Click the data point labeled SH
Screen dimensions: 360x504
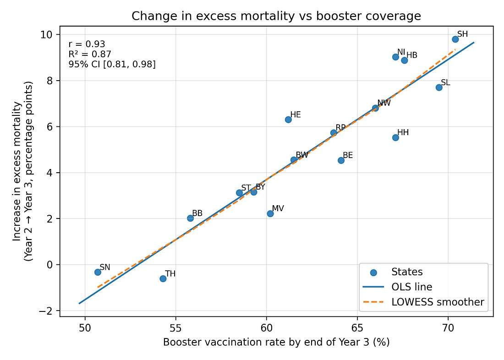[x=455, y=39]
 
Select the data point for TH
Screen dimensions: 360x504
[x=163, y=278]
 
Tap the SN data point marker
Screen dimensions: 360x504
[x=98, y=272]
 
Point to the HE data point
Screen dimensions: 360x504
[x=288, y=120]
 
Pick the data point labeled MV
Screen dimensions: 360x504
[x=270, y=213]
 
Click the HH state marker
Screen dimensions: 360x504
[x=395, y=137]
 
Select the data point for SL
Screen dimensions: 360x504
[x=439, y=87]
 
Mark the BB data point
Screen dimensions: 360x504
[x=190, y=218]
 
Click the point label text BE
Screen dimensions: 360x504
[x=348, y=156]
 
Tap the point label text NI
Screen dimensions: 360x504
[x=401, y=52]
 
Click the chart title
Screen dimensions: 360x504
[x=276, y=16]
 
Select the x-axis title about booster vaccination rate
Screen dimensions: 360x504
[x=276, y=342]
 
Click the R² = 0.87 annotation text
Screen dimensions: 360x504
[x=90, y=55]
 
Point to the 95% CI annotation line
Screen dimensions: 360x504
[x=112, y=65]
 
